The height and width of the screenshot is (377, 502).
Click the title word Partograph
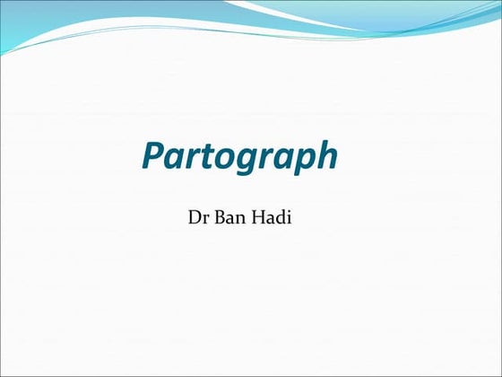(239, 158)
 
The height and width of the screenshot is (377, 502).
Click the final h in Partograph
(326, 156)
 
